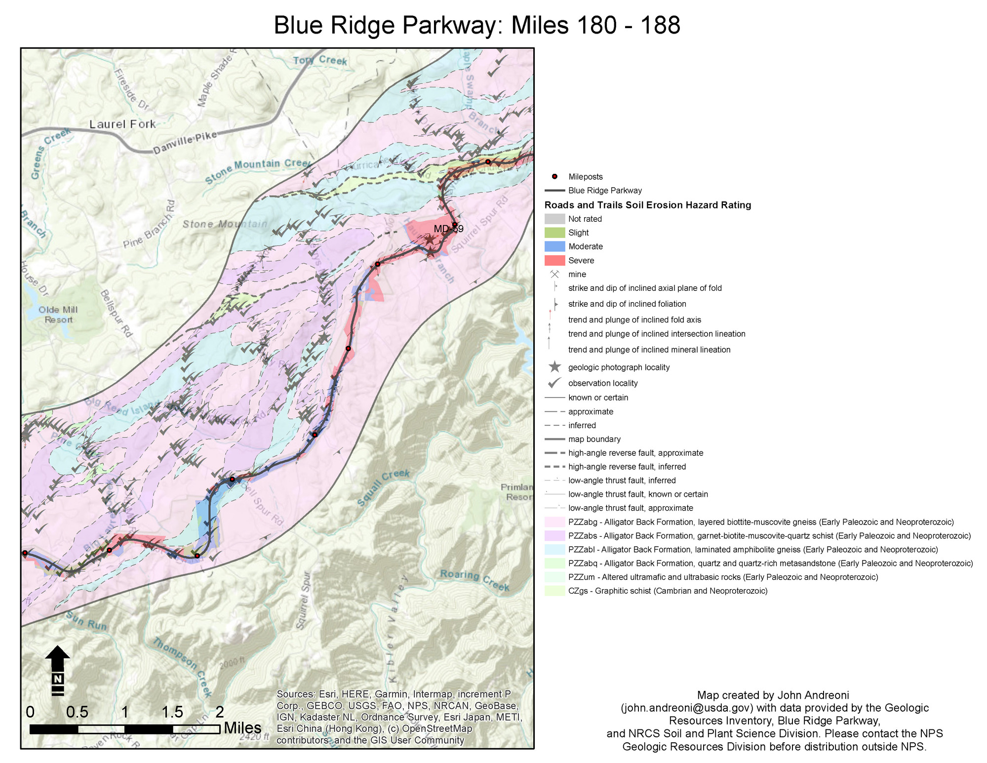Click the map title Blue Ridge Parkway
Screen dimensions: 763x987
476,25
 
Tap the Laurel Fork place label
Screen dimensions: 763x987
122,124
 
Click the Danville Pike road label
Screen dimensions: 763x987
185,143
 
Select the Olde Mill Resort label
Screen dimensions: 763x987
58,315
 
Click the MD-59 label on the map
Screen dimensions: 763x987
448,229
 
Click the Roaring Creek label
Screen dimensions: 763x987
474,580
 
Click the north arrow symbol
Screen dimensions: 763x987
58,670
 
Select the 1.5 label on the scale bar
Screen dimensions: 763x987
172,712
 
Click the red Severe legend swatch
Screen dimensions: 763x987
554,260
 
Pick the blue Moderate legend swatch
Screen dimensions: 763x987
554,246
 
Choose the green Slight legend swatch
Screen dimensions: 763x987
554,233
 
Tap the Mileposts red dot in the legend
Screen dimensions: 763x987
554,177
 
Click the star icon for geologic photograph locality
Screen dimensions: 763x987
554,367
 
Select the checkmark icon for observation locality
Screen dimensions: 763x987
554,383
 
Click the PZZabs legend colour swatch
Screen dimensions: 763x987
554,536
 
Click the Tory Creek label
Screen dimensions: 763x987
320,60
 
